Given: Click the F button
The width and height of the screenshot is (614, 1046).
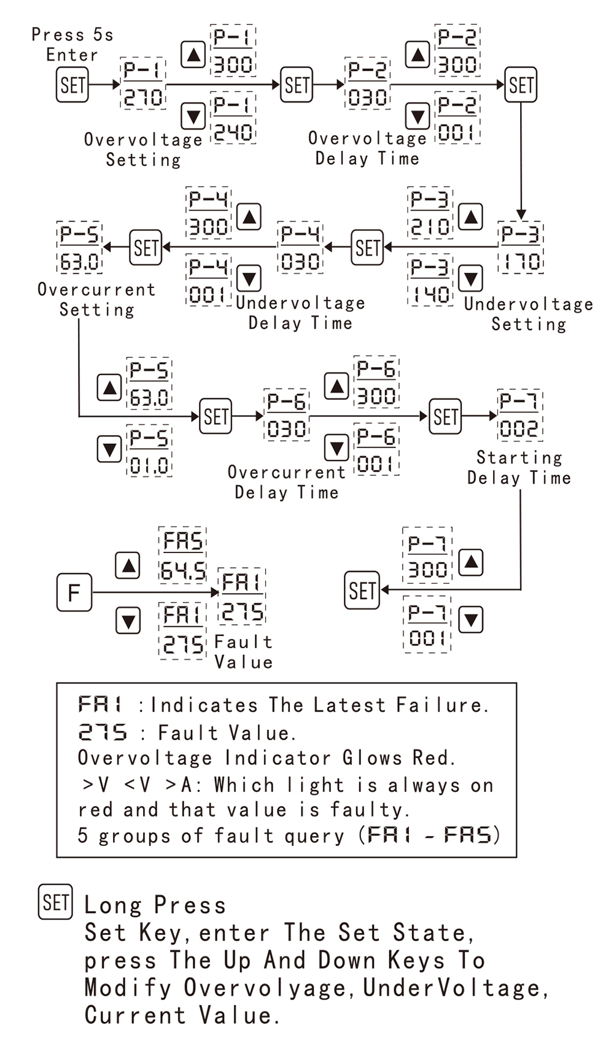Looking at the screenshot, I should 74,592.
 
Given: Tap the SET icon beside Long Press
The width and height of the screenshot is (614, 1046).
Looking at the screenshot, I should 55,902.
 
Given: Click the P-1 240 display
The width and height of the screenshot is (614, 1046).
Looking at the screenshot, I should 233,119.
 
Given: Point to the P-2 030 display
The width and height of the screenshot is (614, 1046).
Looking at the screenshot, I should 367,84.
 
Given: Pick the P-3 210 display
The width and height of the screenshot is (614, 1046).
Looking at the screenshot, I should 430,213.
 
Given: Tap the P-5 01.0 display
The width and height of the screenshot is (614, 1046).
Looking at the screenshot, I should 149,452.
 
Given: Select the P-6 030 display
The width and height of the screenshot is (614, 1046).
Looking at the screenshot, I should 286,415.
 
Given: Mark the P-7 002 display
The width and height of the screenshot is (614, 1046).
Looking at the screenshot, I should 519,415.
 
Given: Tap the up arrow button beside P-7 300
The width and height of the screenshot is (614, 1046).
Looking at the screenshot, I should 471,563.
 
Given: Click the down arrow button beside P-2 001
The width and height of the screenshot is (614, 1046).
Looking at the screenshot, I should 418,116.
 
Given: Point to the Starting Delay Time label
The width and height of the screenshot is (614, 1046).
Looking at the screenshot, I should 519,468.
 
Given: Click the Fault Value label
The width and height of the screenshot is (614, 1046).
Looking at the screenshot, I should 243,652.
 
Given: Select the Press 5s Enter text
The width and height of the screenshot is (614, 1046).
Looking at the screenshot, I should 72,44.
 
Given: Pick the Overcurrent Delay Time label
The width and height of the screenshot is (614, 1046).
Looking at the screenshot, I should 287,482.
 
